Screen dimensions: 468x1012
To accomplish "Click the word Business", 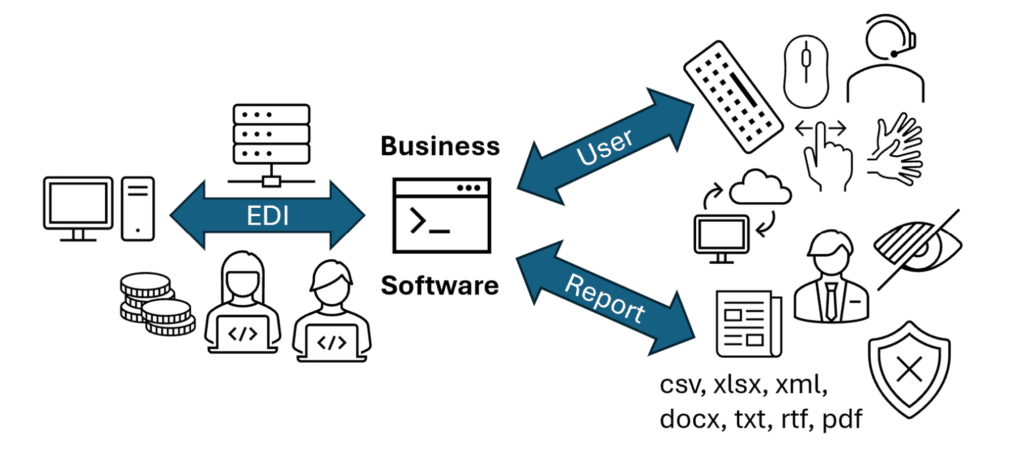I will [x=440, y=146].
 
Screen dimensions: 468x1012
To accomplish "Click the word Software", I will [x=440, y=286].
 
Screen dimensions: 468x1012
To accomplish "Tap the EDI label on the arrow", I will [x=267, y=216].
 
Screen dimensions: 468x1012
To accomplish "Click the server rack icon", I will [x=271, y=134].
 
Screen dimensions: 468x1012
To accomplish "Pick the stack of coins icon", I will [x=156, y=304].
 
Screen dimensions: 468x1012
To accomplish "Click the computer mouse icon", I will [x=806, y=71].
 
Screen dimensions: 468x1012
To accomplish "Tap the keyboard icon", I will [x=733, y=96].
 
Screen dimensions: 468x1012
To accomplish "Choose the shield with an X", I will [x=909, y=369].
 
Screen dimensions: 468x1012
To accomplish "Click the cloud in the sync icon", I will [x=759, y=188].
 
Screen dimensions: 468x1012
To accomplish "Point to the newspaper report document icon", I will [x=748, y=324].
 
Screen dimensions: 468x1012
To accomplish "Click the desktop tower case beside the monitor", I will [x=138, y=209].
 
